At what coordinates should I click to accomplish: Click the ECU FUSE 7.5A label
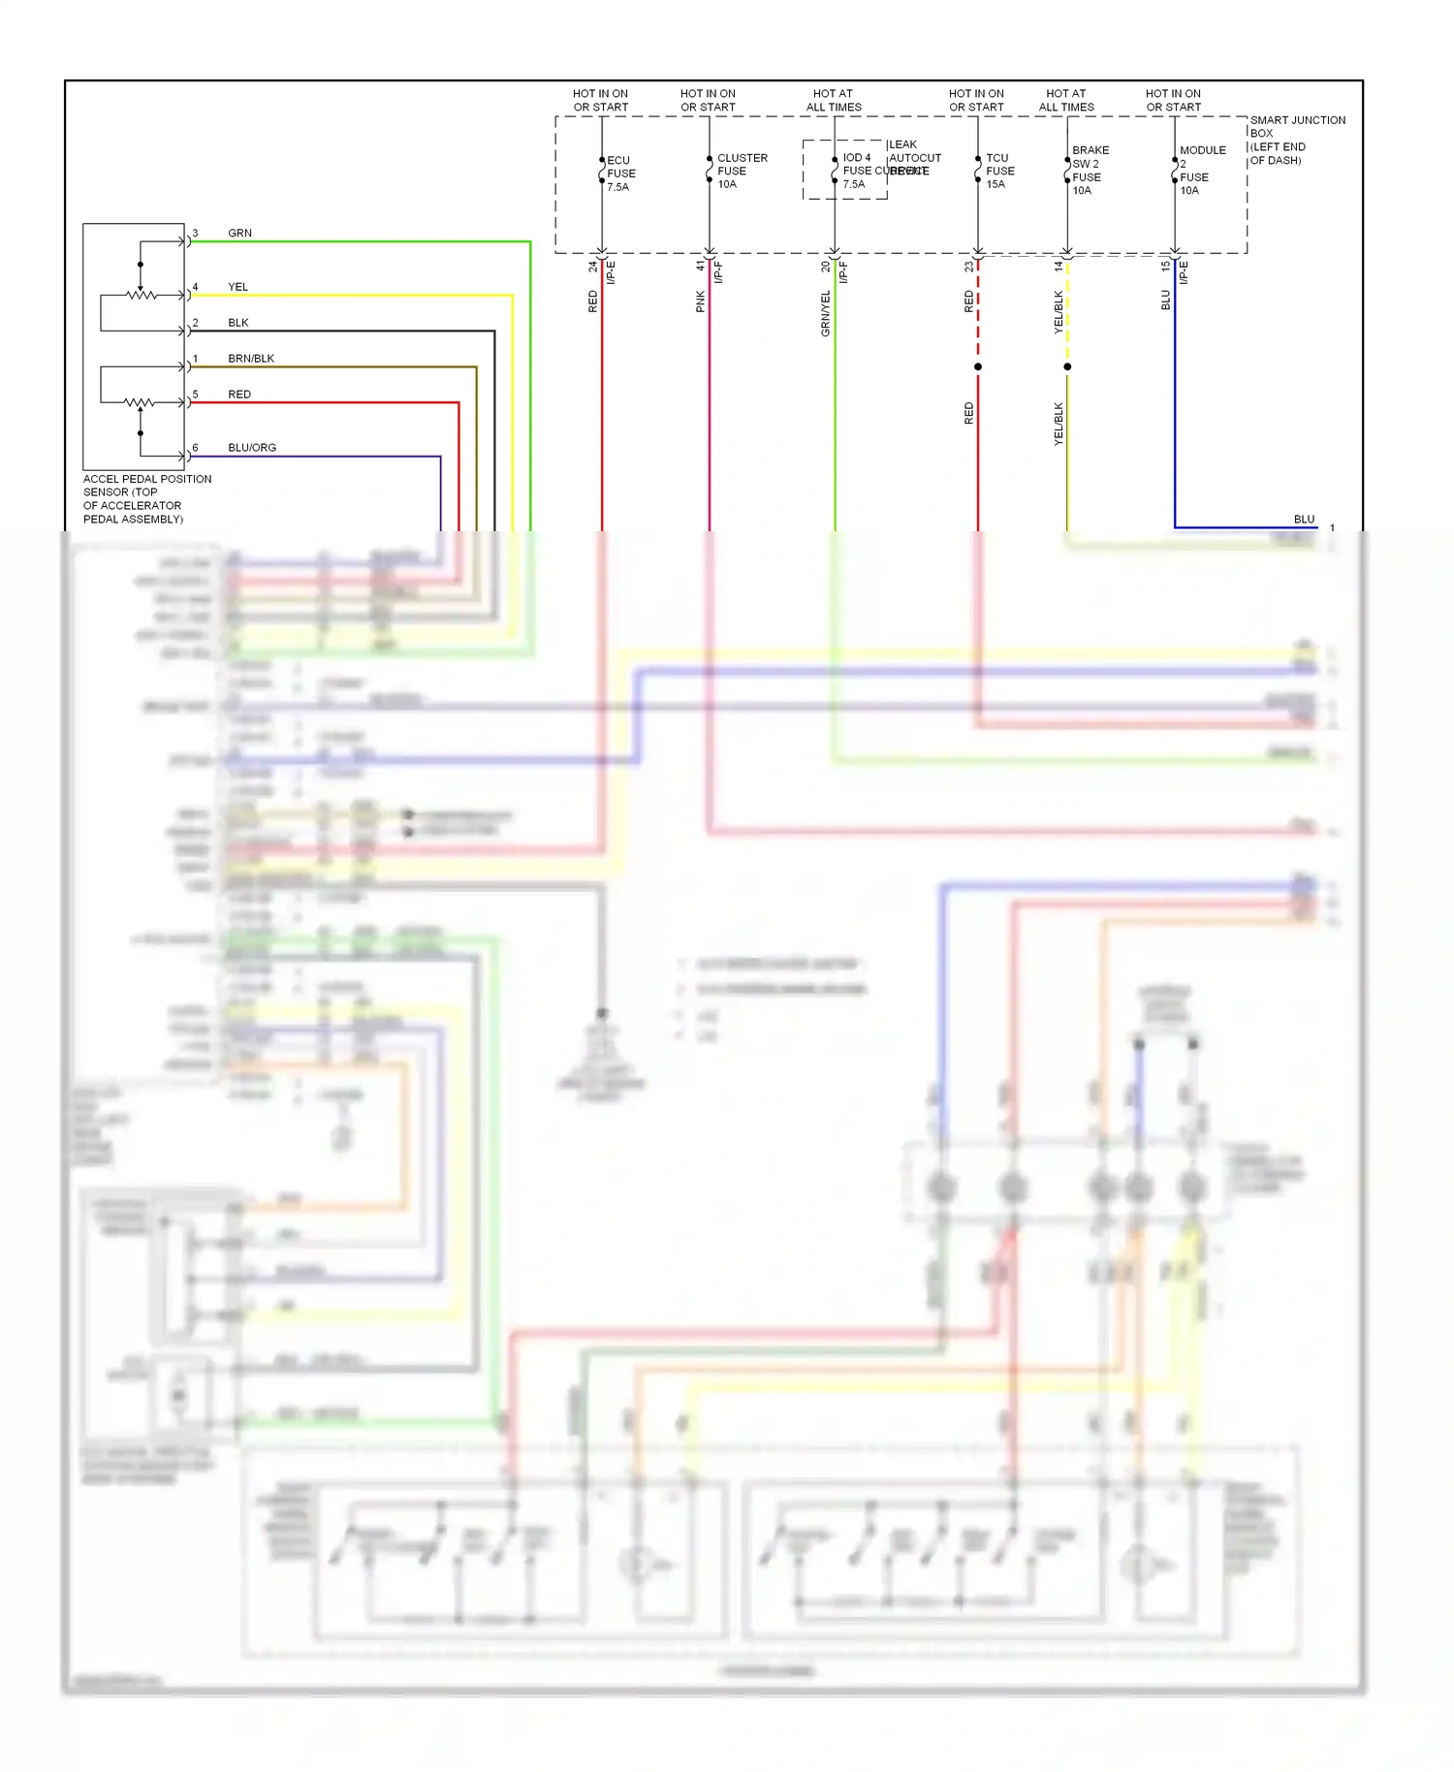click(620, 174)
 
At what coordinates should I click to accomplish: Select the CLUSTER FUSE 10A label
click(742, 171)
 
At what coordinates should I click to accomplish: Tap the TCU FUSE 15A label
click(999, 171)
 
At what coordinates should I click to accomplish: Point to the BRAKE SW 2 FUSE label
click(1089, 171)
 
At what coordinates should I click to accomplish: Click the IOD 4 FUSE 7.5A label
click(856, 171)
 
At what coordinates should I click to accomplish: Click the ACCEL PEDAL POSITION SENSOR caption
click(146, 498)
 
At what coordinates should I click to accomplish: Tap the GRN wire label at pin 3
click(239, 234)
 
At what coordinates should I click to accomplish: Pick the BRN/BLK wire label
click(251, 359)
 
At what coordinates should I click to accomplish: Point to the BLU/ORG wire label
click(252, 448)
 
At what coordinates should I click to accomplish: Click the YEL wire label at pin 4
click(237, 287)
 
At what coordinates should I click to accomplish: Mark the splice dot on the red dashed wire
click(978, 366)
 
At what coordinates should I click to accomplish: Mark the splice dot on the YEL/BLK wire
click(1067, 366)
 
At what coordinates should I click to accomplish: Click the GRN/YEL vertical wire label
click(826, 313)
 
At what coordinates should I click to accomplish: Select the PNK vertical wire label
click(701, 301)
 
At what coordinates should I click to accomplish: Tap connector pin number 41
click(701, 265)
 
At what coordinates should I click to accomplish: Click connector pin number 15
click(1166, 265)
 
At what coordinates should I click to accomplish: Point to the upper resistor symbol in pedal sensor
click(142, 294)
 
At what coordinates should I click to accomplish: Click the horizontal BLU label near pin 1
click(1304, 520)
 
